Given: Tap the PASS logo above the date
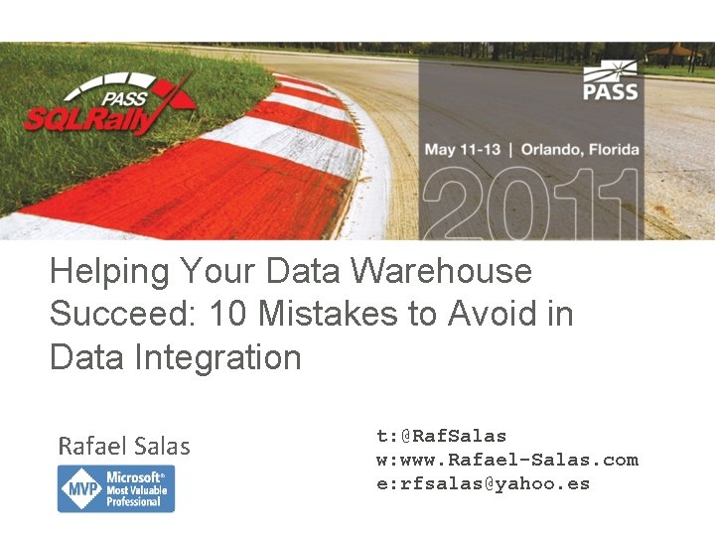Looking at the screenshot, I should coord(610,82).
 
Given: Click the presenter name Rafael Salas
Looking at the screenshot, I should coord(124,447).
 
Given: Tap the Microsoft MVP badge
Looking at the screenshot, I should coord(116,489).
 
